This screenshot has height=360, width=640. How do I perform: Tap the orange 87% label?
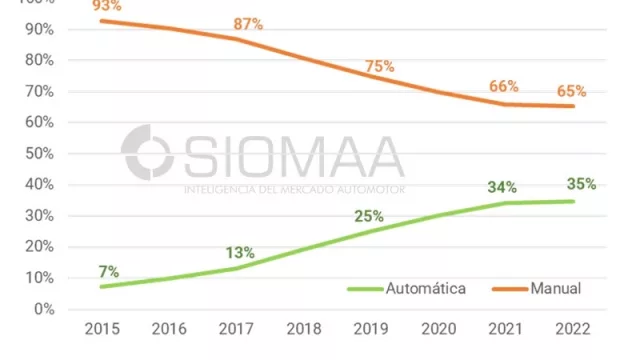[247, 24]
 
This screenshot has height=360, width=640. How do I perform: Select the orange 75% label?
[379, 67]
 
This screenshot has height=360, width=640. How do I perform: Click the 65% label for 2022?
[572, 91]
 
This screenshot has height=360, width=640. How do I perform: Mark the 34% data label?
[501, 187]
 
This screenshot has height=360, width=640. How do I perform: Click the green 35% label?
[581, 184]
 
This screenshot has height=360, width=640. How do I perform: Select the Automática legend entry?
[407, 288]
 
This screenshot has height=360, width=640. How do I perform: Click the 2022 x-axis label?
[573, 329]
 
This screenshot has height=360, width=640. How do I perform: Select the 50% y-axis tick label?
[40, 153]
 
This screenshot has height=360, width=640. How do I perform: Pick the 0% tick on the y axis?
[44, 309]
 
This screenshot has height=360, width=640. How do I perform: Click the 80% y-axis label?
[40, 60]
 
